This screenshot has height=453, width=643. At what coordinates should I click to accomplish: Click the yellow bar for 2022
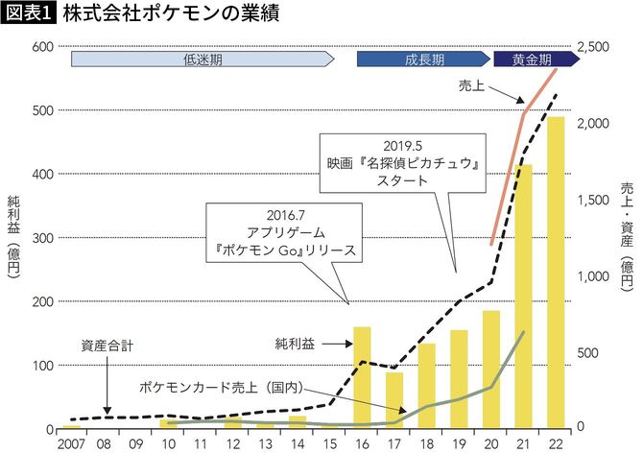click(555, 273)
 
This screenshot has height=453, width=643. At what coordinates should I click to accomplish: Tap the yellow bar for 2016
click(362, 377)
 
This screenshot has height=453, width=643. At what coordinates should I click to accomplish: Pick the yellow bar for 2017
click(393, 399)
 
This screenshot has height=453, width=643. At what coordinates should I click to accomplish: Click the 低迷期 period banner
click(202, 60)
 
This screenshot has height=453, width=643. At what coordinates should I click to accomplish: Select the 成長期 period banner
click(423, 60)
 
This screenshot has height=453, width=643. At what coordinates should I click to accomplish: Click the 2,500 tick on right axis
click(597, 47)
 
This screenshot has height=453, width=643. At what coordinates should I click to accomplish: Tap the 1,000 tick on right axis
click(597, 276)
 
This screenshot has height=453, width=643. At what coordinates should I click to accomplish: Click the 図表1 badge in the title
click(29, 13)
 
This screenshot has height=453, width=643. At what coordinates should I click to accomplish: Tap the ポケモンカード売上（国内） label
click(221, 387)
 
